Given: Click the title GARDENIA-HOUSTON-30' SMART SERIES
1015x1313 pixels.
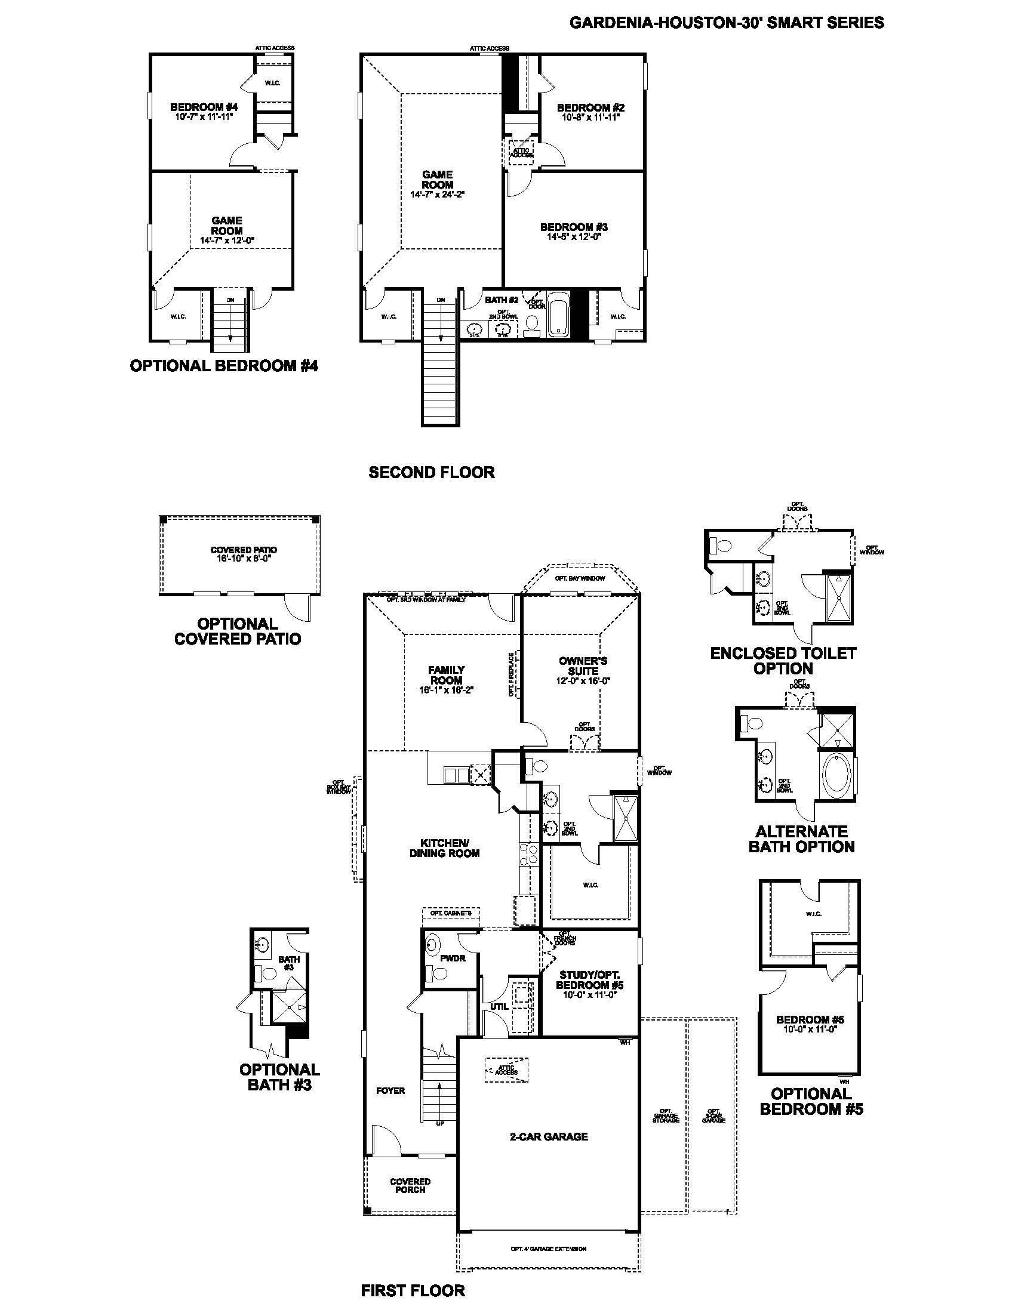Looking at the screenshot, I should click(727, 23).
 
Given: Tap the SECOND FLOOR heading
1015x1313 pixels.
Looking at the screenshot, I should click(431, 472).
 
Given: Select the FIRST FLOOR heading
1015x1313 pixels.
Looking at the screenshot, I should click(413, 1290).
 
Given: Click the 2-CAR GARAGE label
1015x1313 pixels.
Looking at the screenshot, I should click(548, 1136).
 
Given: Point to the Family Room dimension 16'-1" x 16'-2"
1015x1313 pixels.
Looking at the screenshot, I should click(446, 690).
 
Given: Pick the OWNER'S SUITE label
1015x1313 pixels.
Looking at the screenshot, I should click(583, 665).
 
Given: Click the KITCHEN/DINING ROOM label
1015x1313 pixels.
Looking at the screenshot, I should click(444, 847).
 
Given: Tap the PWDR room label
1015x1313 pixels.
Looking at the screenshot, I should click(453, 958).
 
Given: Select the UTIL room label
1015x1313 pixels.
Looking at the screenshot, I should click(499, 1006).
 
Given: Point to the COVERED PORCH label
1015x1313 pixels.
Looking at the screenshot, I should click(410, 1185).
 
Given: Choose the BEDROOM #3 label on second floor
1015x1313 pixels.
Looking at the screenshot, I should click(574, 227).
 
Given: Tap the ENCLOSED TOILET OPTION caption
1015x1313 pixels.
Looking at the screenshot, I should click(783, 661).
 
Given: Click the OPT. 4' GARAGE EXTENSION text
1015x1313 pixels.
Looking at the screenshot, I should click(548, 1249).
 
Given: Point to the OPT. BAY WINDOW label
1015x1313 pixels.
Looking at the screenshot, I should click(580, 578).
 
